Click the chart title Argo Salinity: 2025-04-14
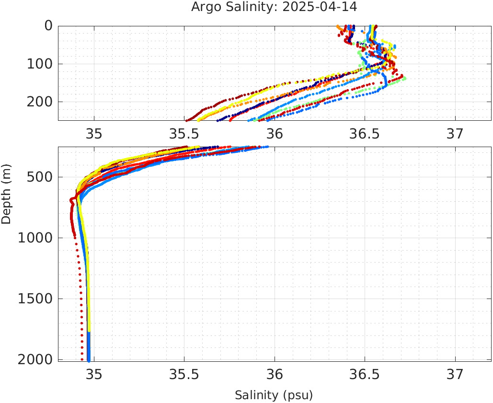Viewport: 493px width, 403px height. pyautogui.click(x=274, y=7)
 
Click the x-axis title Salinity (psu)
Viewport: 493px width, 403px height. pyautogui.click(x=274, y=395)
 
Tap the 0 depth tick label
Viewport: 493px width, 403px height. pyautogui.click(x=48, y=26)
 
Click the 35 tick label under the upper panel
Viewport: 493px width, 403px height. pyautogui.click(x=94, y=134)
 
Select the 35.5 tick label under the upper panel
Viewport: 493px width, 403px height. pyautogui.click(x=184, y=134)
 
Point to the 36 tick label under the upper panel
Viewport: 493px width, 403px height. pyautogui.click(x=275, y=134)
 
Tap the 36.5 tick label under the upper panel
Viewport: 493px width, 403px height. pyautogui.click(x=365, y=134)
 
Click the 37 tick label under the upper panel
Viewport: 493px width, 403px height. pyautogui.click(x=455, y=134)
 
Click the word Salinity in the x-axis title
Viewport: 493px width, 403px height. pyautogui.click(x=256, y=395)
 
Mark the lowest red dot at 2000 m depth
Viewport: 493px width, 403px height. pyautogui.click(x=82, y=359)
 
